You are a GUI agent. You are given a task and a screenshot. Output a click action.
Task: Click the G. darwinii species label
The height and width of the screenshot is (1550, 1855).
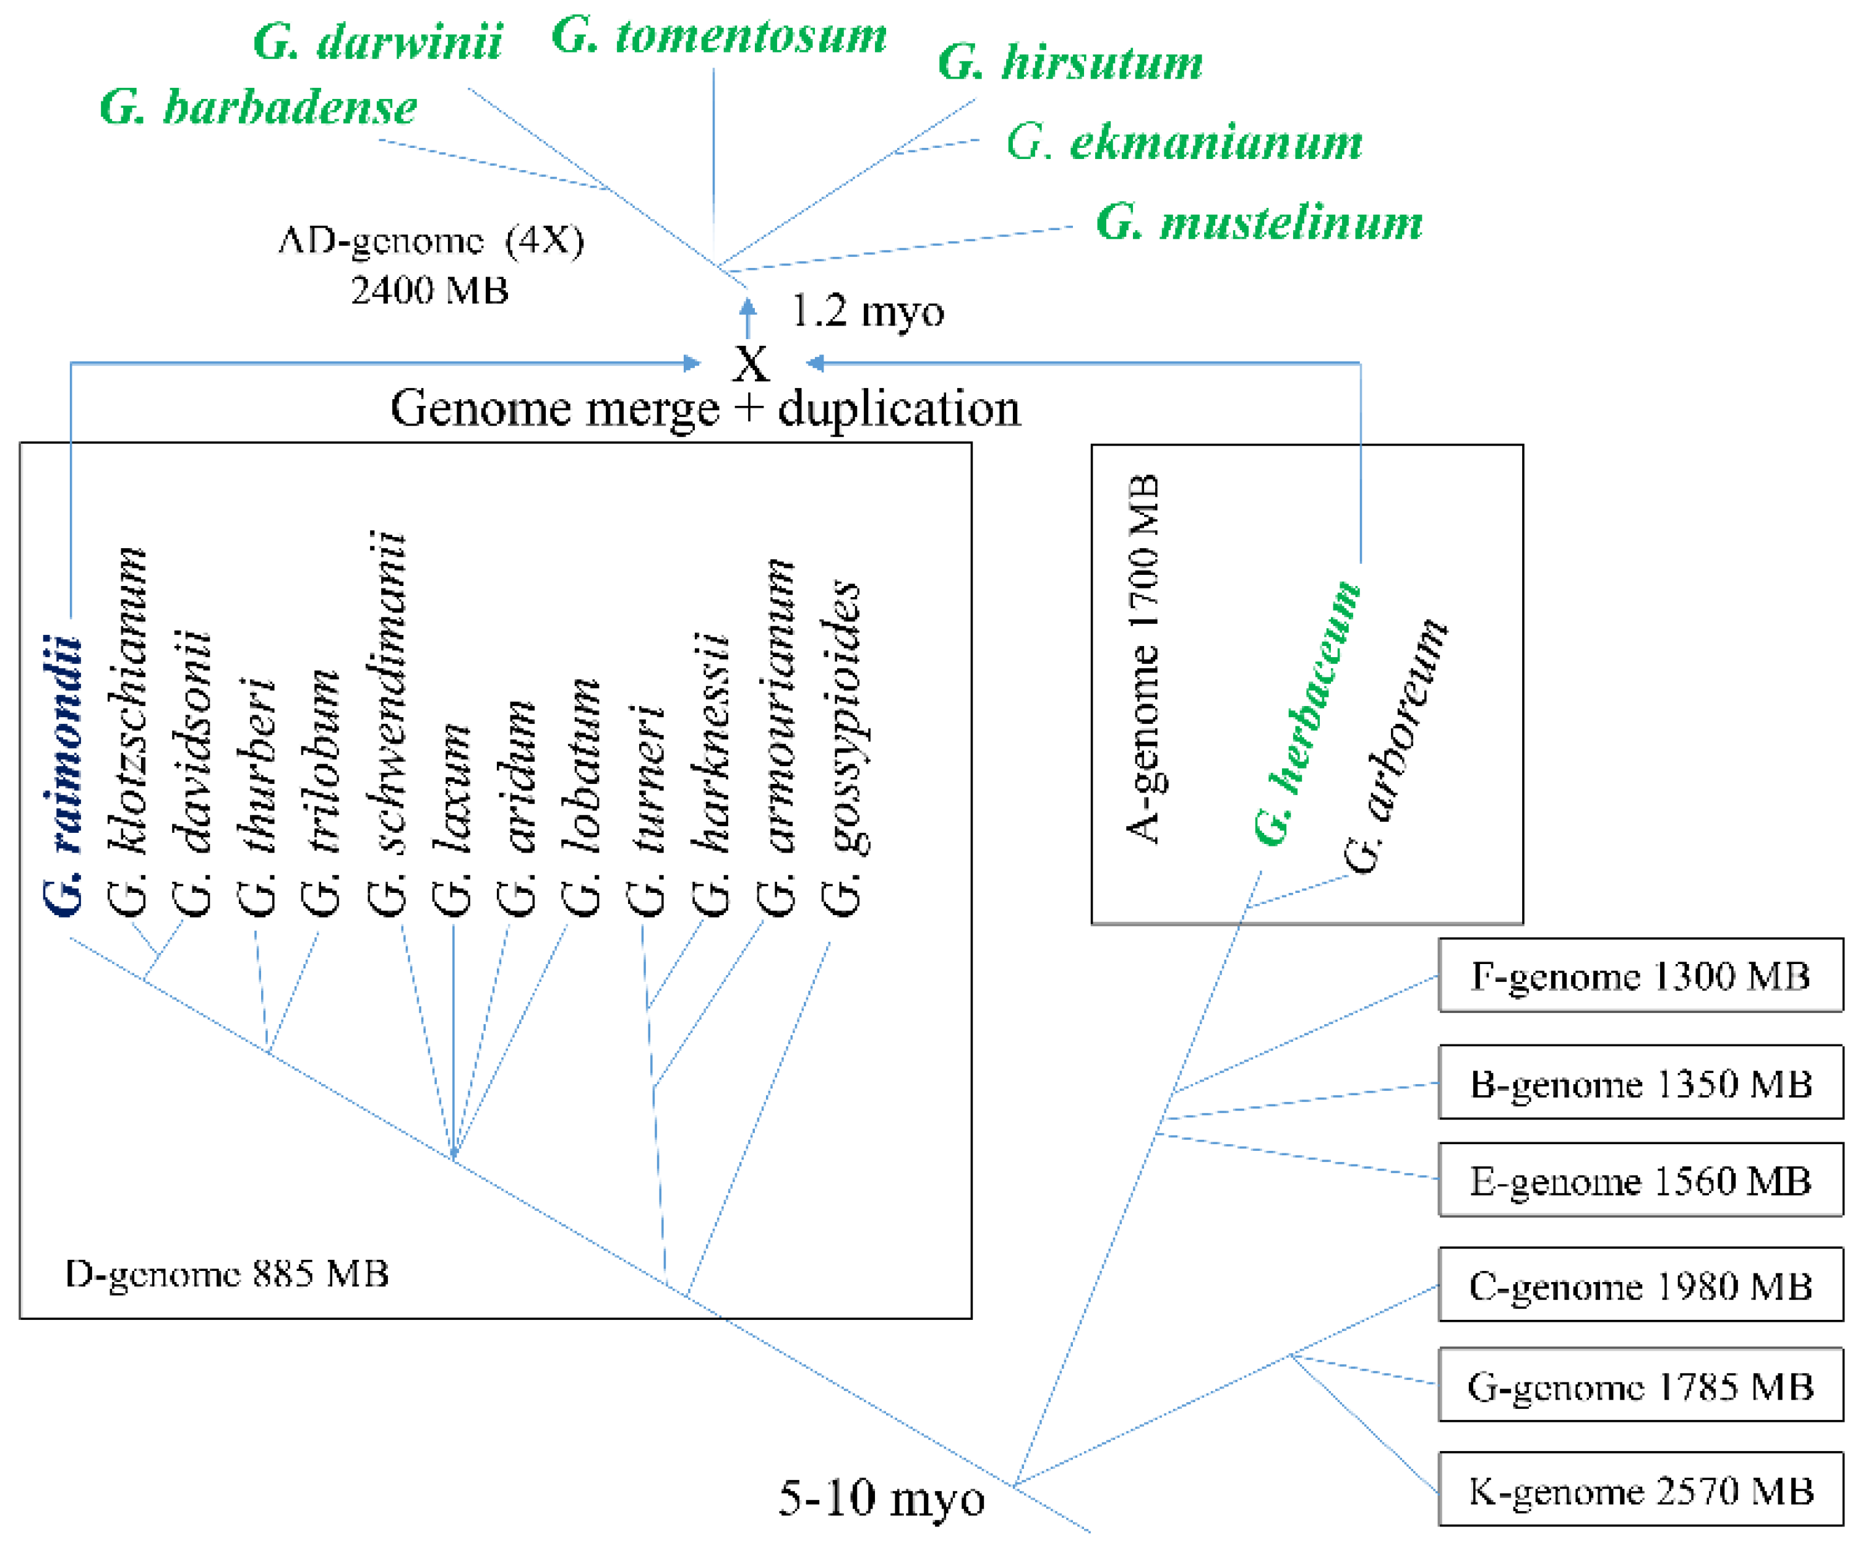377,41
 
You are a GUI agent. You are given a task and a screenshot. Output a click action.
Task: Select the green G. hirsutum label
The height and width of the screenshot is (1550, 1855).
1070,62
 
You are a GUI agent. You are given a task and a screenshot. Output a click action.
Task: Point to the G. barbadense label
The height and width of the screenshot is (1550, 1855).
258,108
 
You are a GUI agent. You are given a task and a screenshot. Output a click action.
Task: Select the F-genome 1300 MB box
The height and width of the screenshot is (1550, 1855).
1640,976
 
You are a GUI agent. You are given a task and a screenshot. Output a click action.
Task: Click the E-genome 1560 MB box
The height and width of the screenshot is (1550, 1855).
1640,1181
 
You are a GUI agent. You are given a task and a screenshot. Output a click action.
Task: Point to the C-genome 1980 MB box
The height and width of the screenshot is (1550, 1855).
1640,1286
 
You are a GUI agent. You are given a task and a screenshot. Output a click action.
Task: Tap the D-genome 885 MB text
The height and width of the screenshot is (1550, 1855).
227,1273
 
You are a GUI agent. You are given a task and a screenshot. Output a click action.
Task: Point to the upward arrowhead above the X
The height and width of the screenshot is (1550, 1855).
748,306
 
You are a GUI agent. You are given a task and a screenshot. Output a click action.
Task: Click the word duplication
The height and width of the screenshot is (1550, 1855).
898,409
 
